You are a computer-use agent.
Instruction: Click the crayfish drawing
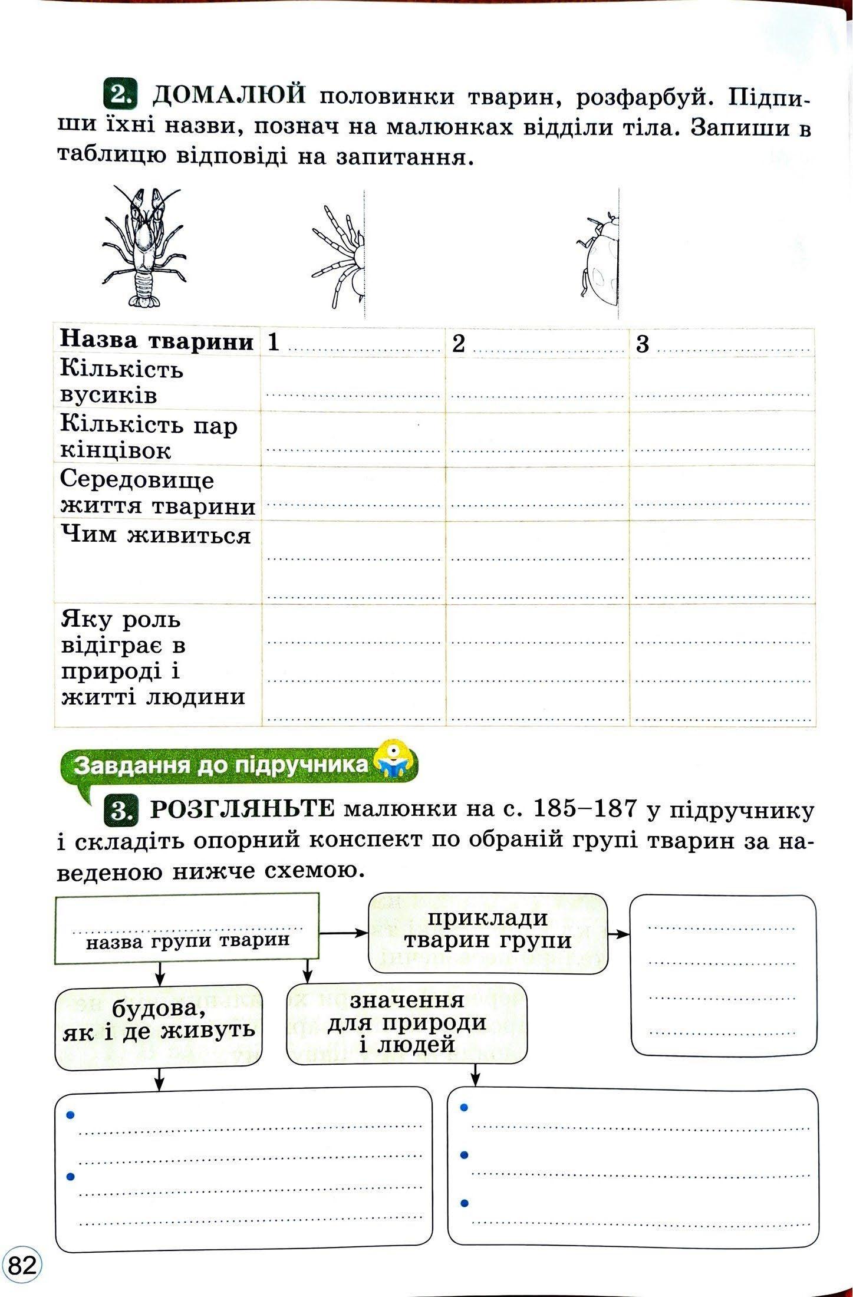143,247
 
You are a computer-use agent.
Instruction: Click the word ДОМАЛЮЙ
230,94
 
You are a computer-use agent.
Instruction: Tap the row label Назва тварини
157,341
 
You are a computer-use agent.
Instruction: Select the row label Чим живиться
156,536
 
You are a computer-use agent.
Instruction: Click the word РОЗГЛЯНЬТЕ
242,810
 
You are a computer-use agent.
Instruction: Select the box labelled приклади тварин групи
488,929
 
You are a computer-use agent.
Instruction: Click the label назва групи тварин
187,940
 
